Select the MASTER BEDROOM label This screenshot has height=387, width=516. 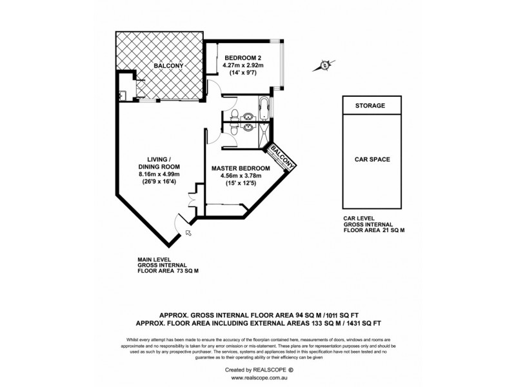click(241, 168)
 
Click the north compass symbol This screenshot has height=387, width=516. click(324, 65)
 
